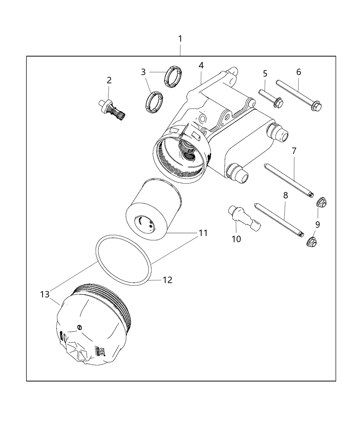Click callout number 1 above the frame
(180, 39)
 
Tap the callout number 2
(109, 80)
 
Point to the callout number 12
(167, 280)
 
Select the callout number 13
(45, 294)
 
